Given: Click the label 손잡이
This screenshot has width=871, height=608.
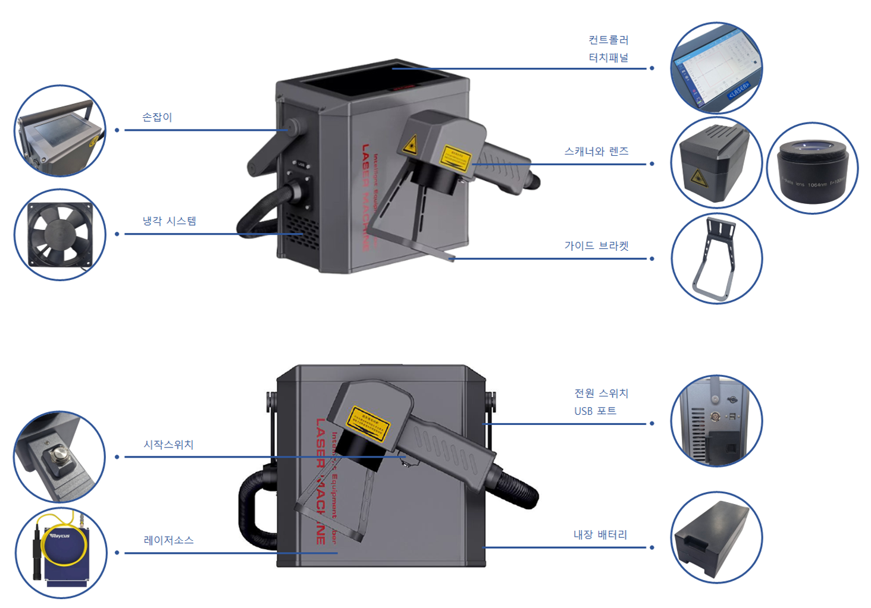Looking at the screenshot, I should click(157, 117).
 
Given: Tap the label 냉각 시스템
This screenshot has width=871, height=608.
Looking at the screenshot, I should click(169, 221).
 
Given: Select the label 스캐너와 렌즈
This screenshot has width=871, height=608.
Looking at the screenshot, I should click(596, 152).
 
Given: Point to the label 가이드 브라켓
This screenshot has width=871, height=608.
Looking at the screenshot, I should click(596, 246).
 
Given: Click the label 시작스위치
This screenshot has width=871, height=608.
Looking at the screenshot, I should click(168, 445).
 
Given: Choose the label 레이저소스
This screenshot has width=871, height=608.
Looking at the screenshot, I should click(168, 540).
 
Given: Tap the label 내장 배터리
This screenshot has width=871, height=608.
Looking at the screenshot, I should click(600, 535).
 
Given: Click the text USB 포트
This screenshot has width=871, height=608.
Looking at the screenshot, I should click(595, 411).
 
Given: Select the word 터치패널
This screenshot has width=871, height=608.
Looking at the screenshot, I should click(608, 58).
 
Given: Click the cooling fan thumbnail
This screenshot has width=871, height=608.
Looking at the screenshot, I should click(59, 235).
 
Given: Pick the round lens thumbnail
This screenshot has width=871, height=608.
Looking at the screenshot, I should click(812, 168).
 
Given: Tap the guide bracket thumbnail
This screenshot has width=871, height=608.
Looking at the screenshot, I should click(716, 259).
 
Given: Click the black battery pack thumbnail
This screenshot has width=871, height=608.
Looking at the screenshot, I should click(716, 537).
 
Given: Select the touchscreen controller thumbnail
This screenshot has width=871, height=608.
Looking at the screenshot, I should click(716, 68).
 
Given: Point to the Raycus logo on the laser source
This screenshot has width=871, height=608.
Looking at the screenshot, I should click(60, 535).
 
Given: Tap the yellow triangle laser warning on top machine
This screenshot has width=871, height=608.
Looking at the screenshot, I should click(409, 145).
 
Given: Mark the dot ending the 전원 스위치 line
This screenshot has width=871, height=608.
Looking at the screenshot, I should click(652, 424).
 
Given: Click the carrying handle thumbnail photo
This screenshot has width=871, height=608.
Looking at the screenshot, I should click(59, 131).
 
